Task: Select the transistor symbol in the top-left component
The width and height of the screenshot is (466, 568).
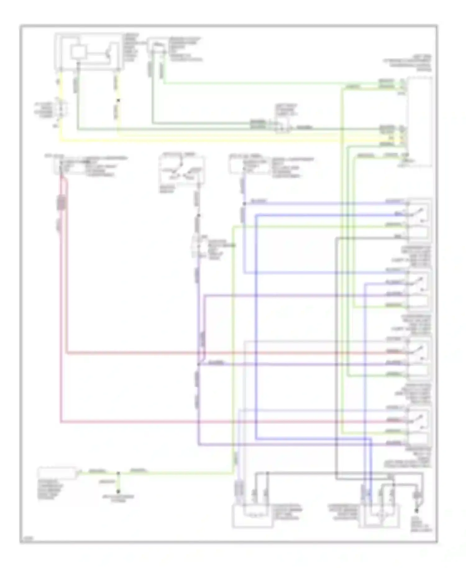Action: (x=107, y=53)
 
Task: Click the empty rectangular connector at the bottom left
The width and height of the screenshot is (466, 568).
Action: (x=57, y=473)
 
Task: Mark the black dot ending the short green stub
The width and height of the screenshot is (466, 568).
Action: (x=118, y=492)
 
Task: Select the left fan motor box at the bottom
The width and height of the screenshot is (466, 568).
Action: (x=253, y=516)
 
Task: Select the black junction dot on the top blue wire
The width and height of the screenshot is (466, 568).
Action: (x=244, y=204)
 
